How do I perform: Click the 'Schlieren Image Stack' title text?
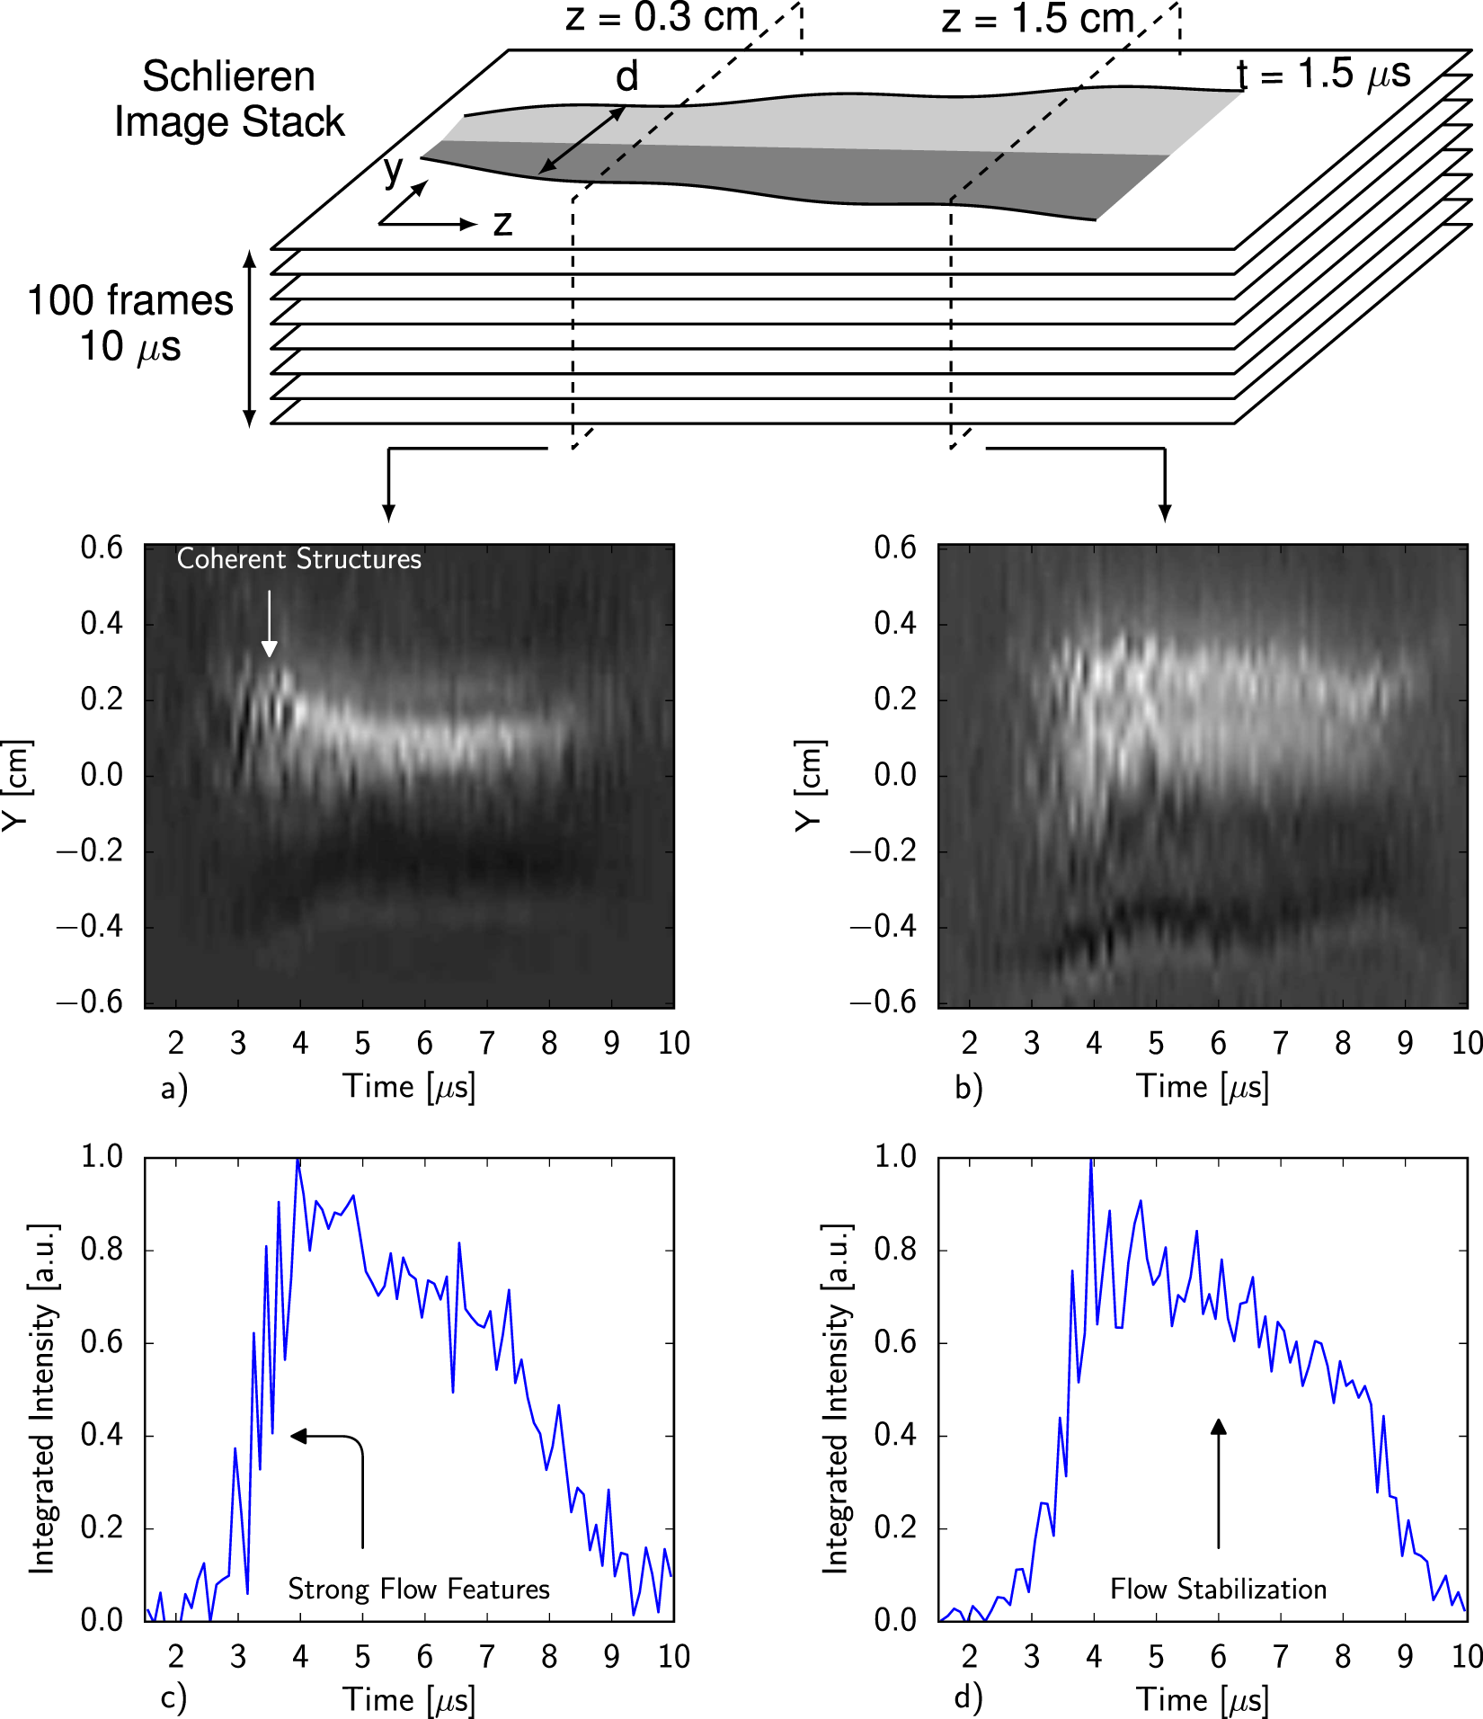click(x=229, y=99)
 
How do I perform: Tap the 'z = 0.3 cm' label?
click(x=662, y=18)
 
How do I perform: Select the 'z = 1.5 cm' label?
click(x=1038, y=19)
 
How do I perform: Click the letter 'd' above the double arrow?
click(x=626, y=77)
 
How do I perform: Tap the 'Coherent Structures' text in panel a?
click(x=298, y=559)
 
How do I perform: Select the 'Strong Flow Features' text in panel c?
click(x=418, y=1590)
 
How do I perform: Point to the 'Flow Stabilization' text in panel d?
click(x=1218, y=1590)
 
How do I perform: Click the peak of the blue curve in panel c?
click(x=298, y=1161)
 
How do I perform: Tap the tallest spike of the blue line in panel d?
click(x=1091, y=1162)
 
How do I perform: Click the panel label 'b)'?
click(x=968, y=1089)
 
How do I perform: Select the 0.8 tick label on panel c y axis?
click(x=102, y=1250)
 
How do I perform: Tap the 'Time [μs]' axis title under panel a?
click(x=409, y=1087)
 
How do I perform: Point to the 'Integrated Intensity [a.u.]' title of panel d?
click(x=836, y=1398)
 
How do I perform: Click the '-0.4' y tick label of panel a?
click(x=90, y=926)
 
